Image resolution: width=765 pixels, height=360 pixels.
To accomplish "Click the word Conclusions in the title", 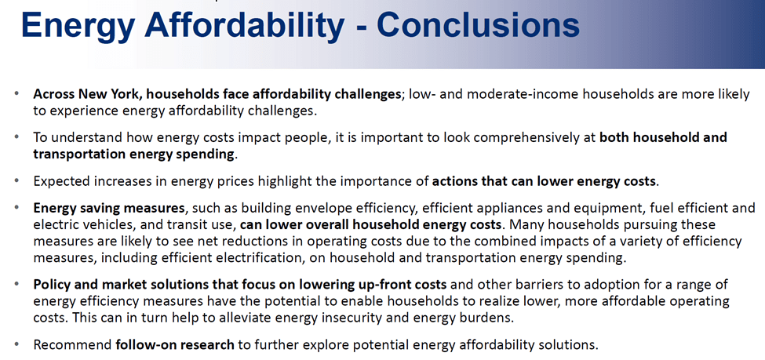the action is tap(478, 25).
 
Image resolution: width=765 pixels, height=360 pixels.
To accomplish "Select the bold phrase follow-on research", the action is tap(175, 345).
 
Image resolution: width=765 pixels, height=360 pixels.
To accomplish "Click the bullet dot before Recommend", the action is tap(17, 345).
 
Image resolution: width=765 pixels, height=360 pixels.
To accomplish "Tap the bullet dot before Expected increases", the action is tap(17, 181).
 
